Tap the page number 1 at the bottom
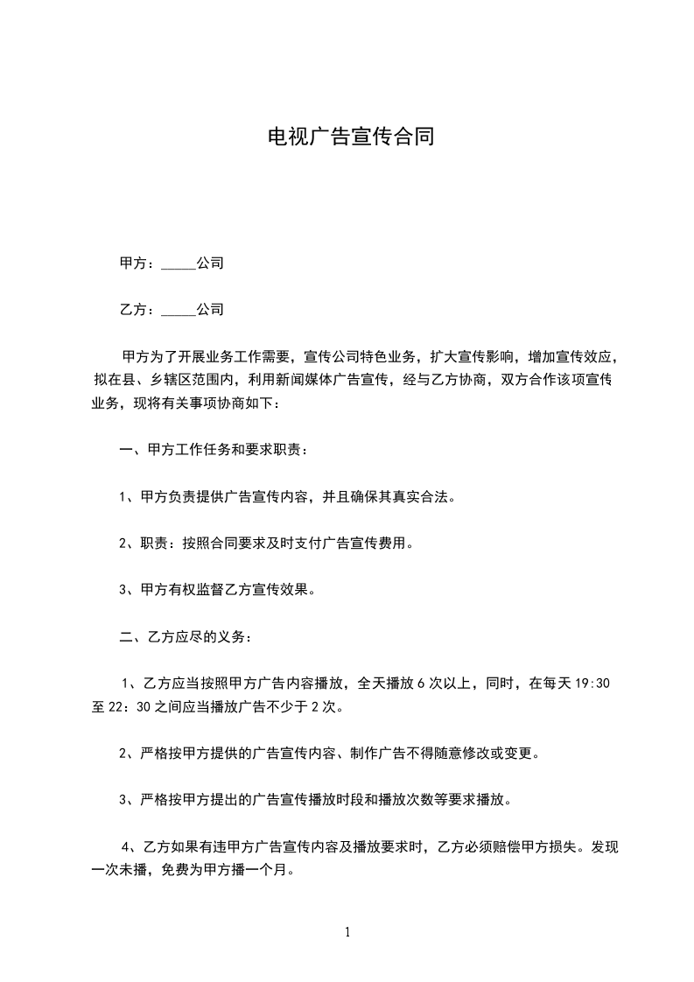coord(347,932)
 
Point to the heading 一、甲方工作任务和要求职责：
coord(214,451)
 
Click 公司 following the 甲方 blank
coord(210,263)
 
